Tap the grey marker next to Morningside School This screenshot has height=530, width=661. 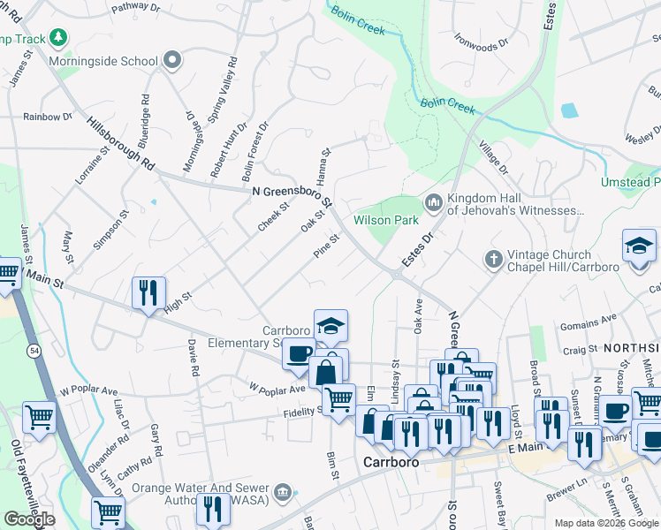173,61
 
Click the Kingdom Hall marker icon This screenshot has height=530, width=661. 433,203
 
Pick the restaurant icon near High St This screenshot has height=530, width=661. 148,291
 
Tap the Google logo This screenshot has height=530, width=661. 29,519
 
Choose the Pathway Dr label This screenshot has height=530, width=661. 140,8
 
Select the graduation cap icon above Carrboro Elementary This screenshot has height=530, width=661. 330,326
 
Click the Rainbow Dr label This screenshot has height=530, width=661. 48,117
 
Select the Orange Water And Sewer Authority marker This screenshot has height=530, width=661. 282,492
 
